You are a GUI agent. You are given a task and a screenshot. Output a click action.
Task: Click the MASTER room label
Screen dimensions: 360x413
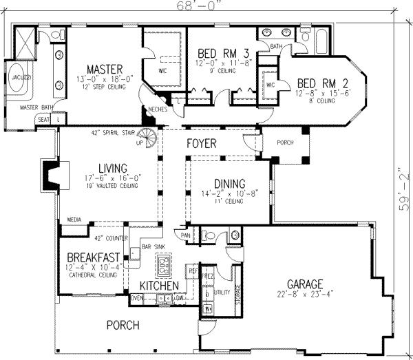point(105,69)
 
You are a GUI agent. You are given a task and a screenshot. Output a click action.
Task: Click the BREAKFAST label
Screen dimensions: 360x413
point(89,257)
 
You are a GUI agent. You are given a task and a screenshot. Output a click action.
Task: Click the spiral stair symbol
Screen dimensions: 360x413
point(147,137)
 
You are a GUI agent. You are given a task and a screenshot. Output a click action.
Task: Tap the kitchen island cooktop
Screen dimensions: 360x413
point(165,262)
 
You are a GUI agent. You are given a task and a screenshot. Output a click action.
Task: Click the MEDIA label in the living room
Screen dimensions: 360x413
point(74,220)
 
